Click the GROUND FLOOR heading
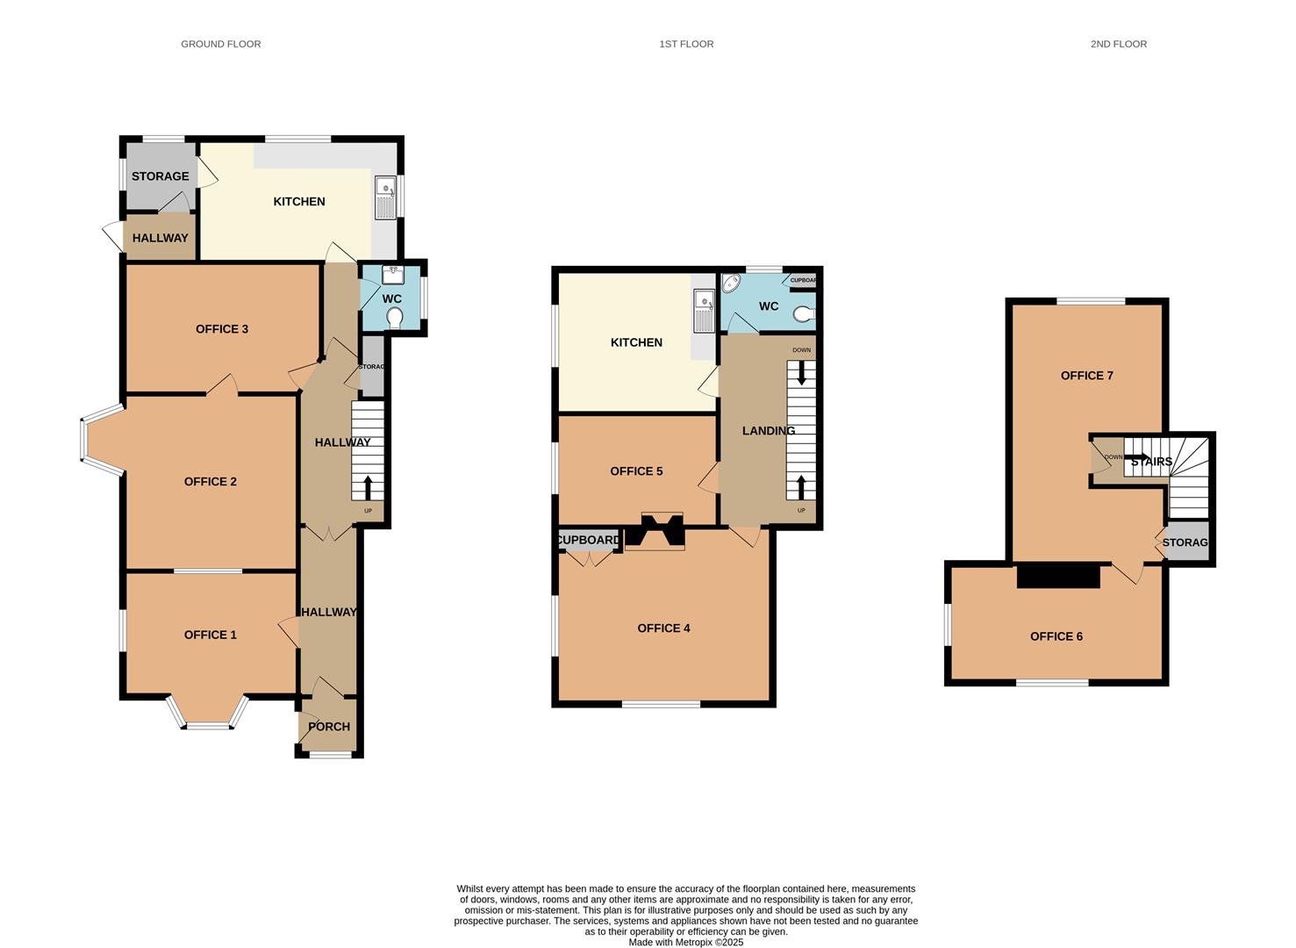(220, 44)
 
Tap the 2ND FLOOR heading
(1118, 44)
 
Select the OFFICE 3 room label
(221, 329)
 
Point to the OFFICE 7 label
(1086, 376)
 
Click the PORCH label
(329, 727)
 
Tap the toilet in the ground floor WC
(394, 317)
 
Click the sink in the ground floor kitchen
(384, 197)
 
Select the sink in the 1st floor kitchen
(703, 311)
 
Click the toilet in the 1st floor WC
(806, 313)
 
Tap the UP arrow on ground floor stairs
(367, 487)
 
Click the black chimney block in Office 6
(1057, 577)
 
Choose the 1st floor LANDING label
(768, 431)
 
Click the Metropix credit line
(685, 942)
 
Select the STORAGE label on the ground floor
(160, 176)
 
